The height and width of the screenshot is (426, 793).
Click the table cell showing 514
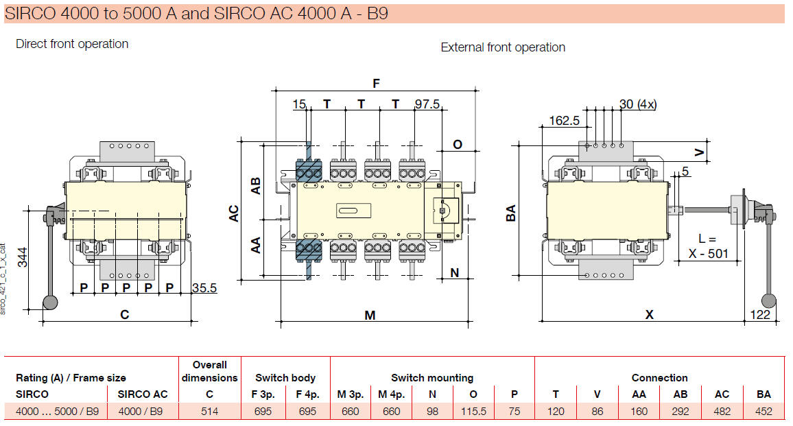pos(209,412)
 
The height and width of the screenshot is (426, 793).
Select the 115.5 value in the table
pos(473,412)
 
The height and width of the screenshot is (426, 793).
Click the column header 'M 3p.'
pos(351,394)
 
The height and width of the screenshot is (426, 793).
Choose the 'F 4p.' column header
pos(307,394)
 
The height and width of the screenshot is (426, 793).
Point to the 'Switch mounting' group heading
pos(432,378)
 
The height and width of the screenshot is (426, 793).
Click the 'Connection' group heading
pos(659,378)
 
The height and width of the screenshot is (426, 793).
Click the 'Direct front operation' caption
pos(72,44)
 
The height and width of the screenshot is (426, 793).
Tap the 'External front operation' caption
pos(503,47)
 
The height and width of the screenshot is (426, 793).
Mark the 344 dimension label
pos(23,257)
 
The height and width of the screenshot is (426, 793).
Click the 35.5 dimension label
pos(204,288)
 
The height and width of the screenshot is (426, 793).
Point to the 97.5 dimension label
pos(427,104)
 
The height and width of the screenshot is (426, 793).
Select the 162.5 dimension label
pos(565,121)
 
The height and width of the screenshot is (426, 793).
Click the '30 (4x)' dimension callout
pos(637,104)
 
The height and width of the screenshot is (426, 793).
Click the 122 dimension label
pos(760,314)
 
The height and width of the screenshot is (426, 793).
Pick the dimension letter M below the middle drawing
pos(370,315)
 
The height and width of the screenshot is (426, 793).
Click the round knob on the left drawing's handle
pos(50,303)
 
